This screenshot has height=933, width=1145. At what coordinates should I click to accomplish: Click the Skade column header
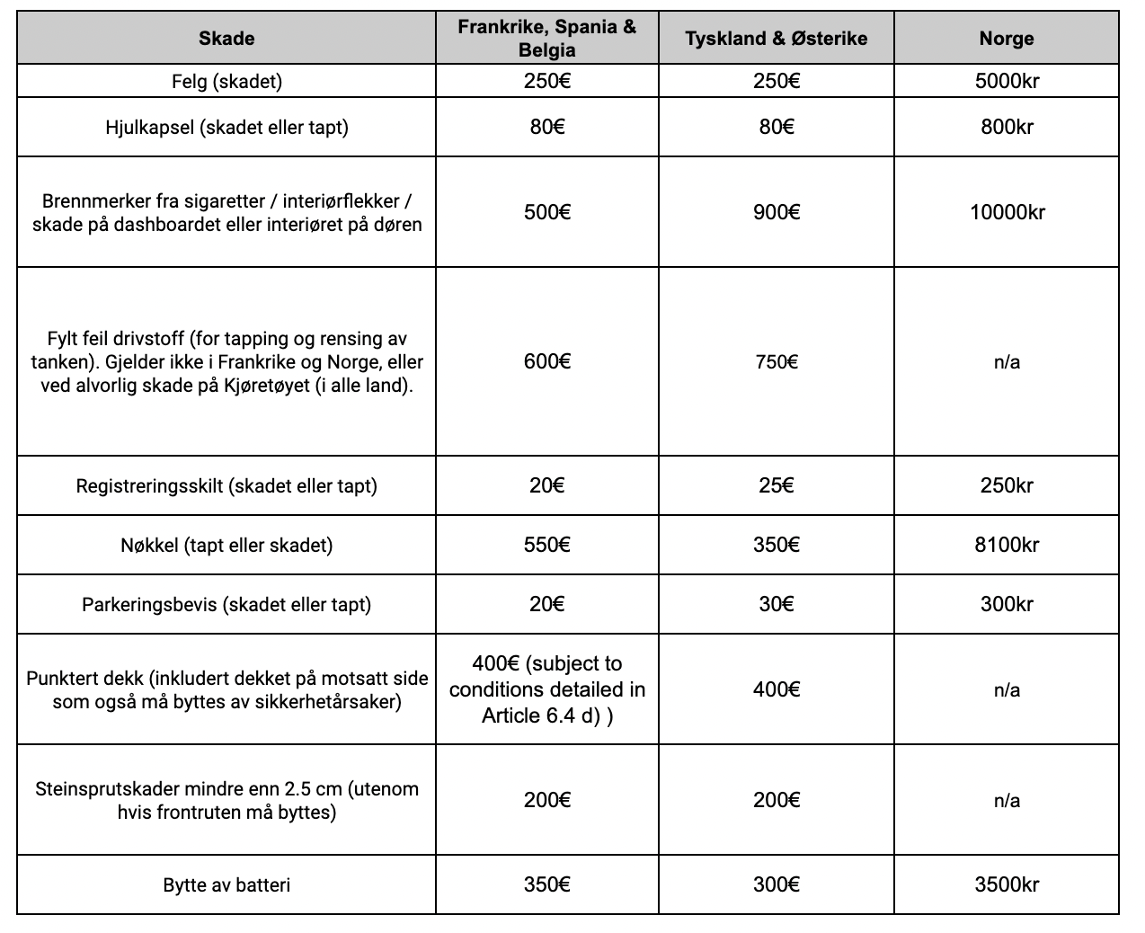click(226, 39)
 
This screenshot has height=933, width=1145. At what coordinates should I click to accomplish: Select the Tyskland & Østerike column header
click(776, 39)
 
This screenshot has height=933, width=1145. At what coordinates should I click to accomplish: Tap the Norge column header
click(1007, 39)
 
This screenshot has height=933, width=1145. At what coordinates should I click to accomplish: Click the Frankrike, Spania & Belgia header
click(546, 38)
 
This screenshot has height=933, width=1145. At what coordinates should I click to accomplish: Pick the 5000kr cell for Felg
click(1007, 81)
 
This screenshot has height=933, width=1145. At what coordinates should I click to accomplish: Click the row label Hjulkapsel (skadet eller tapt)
click(226, 127)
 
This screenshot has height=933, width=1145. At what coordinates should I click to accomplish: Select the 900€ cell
click(776, 212)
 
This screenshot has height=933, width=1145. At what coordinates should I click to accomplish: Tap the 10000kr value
click(1007, 212)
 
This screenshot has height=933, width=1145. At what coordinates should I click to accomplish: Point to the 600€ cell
click(546, 361)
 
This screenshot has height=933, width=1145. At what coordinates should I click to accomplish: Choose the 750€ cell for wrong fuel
click(776, 361)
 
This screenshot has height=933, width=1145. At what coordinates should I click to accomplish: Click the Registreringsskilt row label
click(226, 486)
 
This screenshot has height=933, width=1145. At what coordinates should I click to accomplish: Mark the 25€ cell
click(776, 485)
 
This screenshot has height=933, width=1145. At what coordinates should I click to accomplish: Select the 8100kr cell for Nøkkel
click(1007, 545)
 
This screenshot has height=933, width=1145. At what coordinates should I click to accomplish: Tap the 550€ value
click(546, 545)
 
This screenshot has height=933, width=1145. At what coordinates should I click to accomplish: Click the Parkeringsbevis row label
click(226, 604)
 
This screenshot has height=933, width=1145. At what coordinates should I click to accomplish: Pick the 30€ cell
click(776, 604)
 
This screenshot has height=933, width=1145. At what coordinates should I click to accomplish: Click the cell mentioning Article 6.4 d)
click(546, 689)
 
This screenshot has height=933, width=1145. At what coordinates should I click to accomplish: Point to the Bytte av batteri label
click(226, 885)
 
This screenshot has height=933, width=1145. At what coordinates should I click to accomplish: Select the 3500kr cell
click(1007, 884)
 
